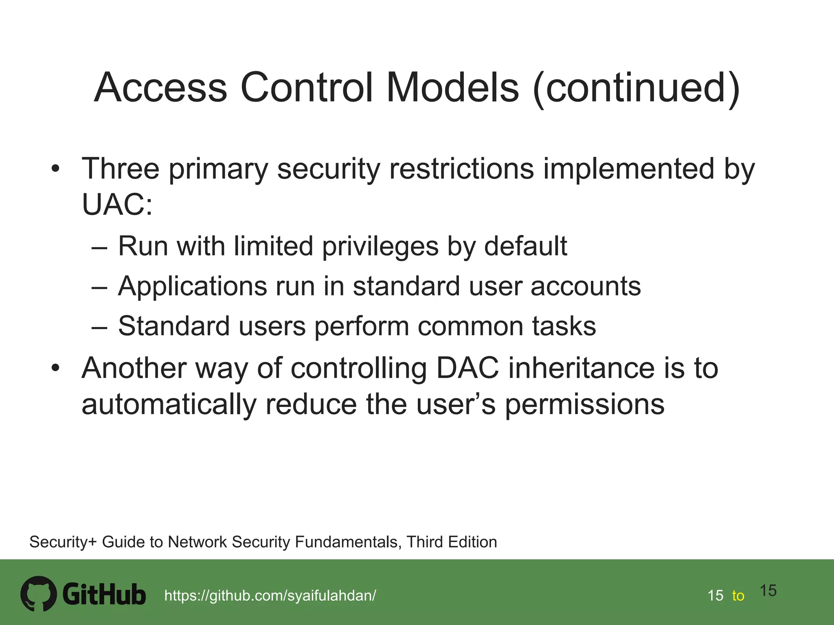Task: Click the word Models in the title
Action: (x=452, y=87)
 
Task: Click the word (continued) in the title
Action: (x=636, y=87)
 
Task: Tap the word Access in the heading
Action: (x=160, y=87)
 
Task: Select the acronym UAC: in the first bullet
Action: (x=117, y=204)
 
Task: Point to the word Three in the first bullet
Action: (x=121, y=168)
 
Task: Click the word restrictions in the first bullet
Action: (x=461, y=168)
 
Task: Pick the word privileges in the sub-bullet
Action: (x=380, y=246)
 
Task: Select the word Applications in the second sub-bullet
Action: (x=193, y=286)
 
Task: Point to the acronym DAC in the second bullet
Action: (x=467, y=368)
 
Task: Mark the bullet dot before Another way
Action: (x=55, y=368)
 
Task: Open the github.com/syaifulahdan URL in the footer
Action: (x=270, y=596)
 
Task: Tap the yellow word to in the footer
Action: (x=738, y=596)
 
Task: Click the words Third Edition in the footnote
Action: (x=452, y=542)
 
